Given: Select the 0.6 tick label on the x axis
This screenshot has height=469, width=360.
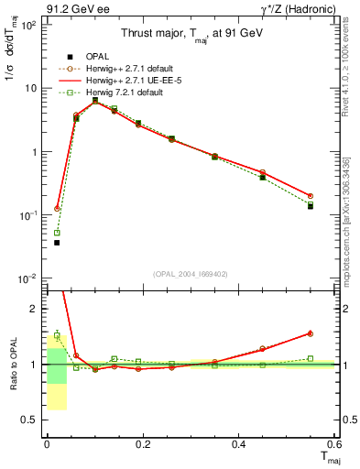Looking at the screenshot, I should [x=333, y=444].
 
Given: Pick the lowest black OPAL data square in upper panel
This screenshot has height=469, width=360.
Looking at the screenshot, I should [x=57, y=243].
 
